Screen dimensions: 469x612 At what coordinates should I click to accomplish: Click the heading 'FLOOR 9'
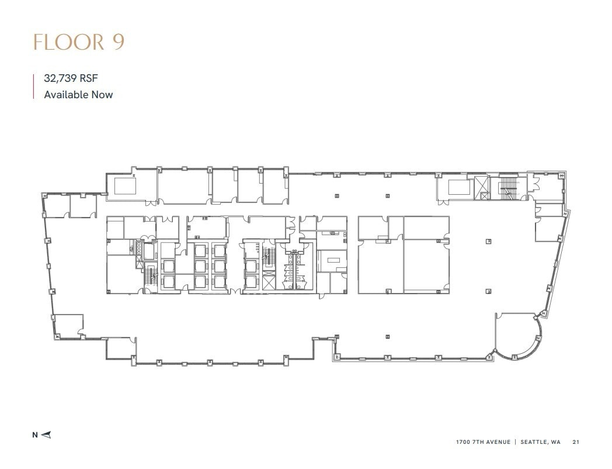[78, 43]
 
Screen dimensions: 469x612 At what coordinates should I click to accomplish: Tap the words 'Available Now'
[78, 94]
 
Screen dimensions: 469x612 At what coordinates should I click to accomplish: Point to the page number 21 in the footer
[576, 442]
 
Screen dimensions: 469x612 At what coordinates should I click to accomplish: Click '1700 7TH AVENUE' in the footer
[483, 442]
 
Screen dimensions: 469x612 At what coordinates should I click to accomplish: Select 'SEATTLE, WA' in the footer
[540, 442]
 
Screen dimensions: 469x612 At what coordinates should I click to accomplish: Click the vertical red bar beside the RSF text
[33, 86]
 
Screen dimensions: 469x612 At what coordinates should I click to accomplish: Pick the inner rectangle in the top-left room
[125, 186]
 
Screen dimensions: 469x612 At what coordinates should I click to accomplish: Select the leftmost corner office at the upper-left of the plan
[57, 205]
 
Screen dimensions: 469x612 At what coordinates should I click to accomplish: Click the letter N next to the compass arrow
[35, 434]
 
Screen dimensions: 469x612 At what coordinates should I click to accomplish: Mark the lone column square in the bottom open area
[387, 336]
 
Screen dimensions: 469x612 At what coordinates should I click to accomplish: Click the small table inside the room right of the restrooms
[333, 260]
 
